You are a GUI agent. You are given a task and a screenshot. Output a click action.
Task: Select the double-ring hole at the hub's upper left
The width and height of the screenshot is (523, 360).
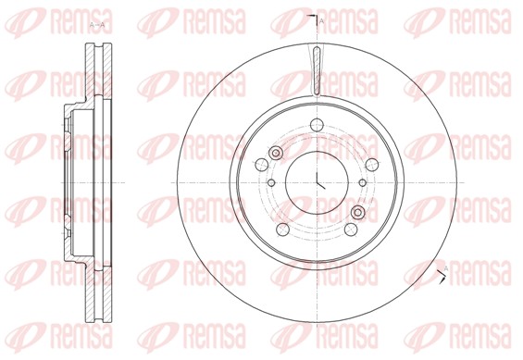click(275, 154)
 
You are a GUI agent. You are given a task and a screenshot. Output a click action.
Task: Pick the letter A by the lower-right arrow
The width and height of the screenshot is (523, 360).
click(447, 268)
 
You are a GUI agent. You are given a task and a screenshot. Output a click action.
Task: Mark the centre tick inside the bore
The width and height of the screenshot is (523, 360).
click(318, 181)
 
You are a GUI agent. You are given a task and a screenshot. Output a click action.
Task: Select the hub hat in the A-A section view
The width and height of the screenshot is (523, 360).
click(69, 180)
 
